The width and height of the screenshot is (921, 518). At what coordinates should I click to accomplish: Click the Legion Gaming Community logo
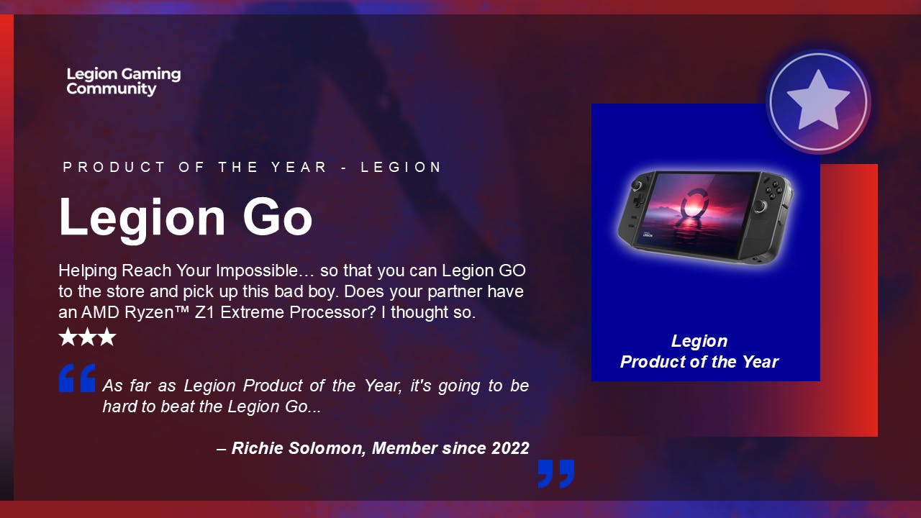tap(123, 81)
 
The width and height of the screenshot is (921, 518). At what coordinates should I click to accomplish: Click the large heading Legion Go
tap(186, 217)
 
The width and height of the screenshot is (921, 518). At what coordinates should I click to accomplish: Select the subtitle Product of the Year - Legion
tap(253, 168)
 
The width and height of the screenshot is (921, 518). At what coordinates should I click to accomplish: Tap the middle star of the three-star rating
tap(87, 337)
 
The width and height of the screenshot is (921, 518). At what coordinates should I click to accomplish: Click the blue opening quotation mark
tap(77, 378)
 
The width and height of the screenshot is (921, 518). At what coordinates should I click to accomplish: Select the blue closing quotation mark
tap(556, 473)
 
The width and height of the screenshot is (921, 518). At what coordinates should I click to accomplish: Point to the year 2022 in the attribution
tap(510, 448)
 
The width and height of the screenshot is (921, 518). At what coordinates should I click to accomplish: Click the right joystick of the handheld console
tap(761, 207)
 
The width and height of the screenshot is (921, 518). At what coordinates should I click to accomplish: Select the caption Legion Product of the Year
tap(699, 352)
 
